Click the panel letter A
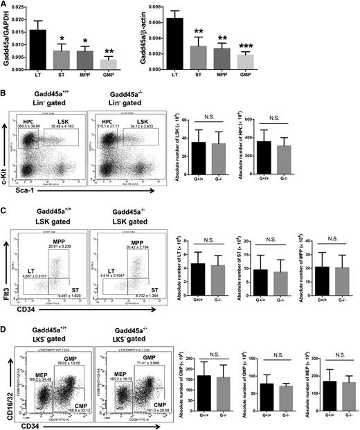click(x=4, y=5)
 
